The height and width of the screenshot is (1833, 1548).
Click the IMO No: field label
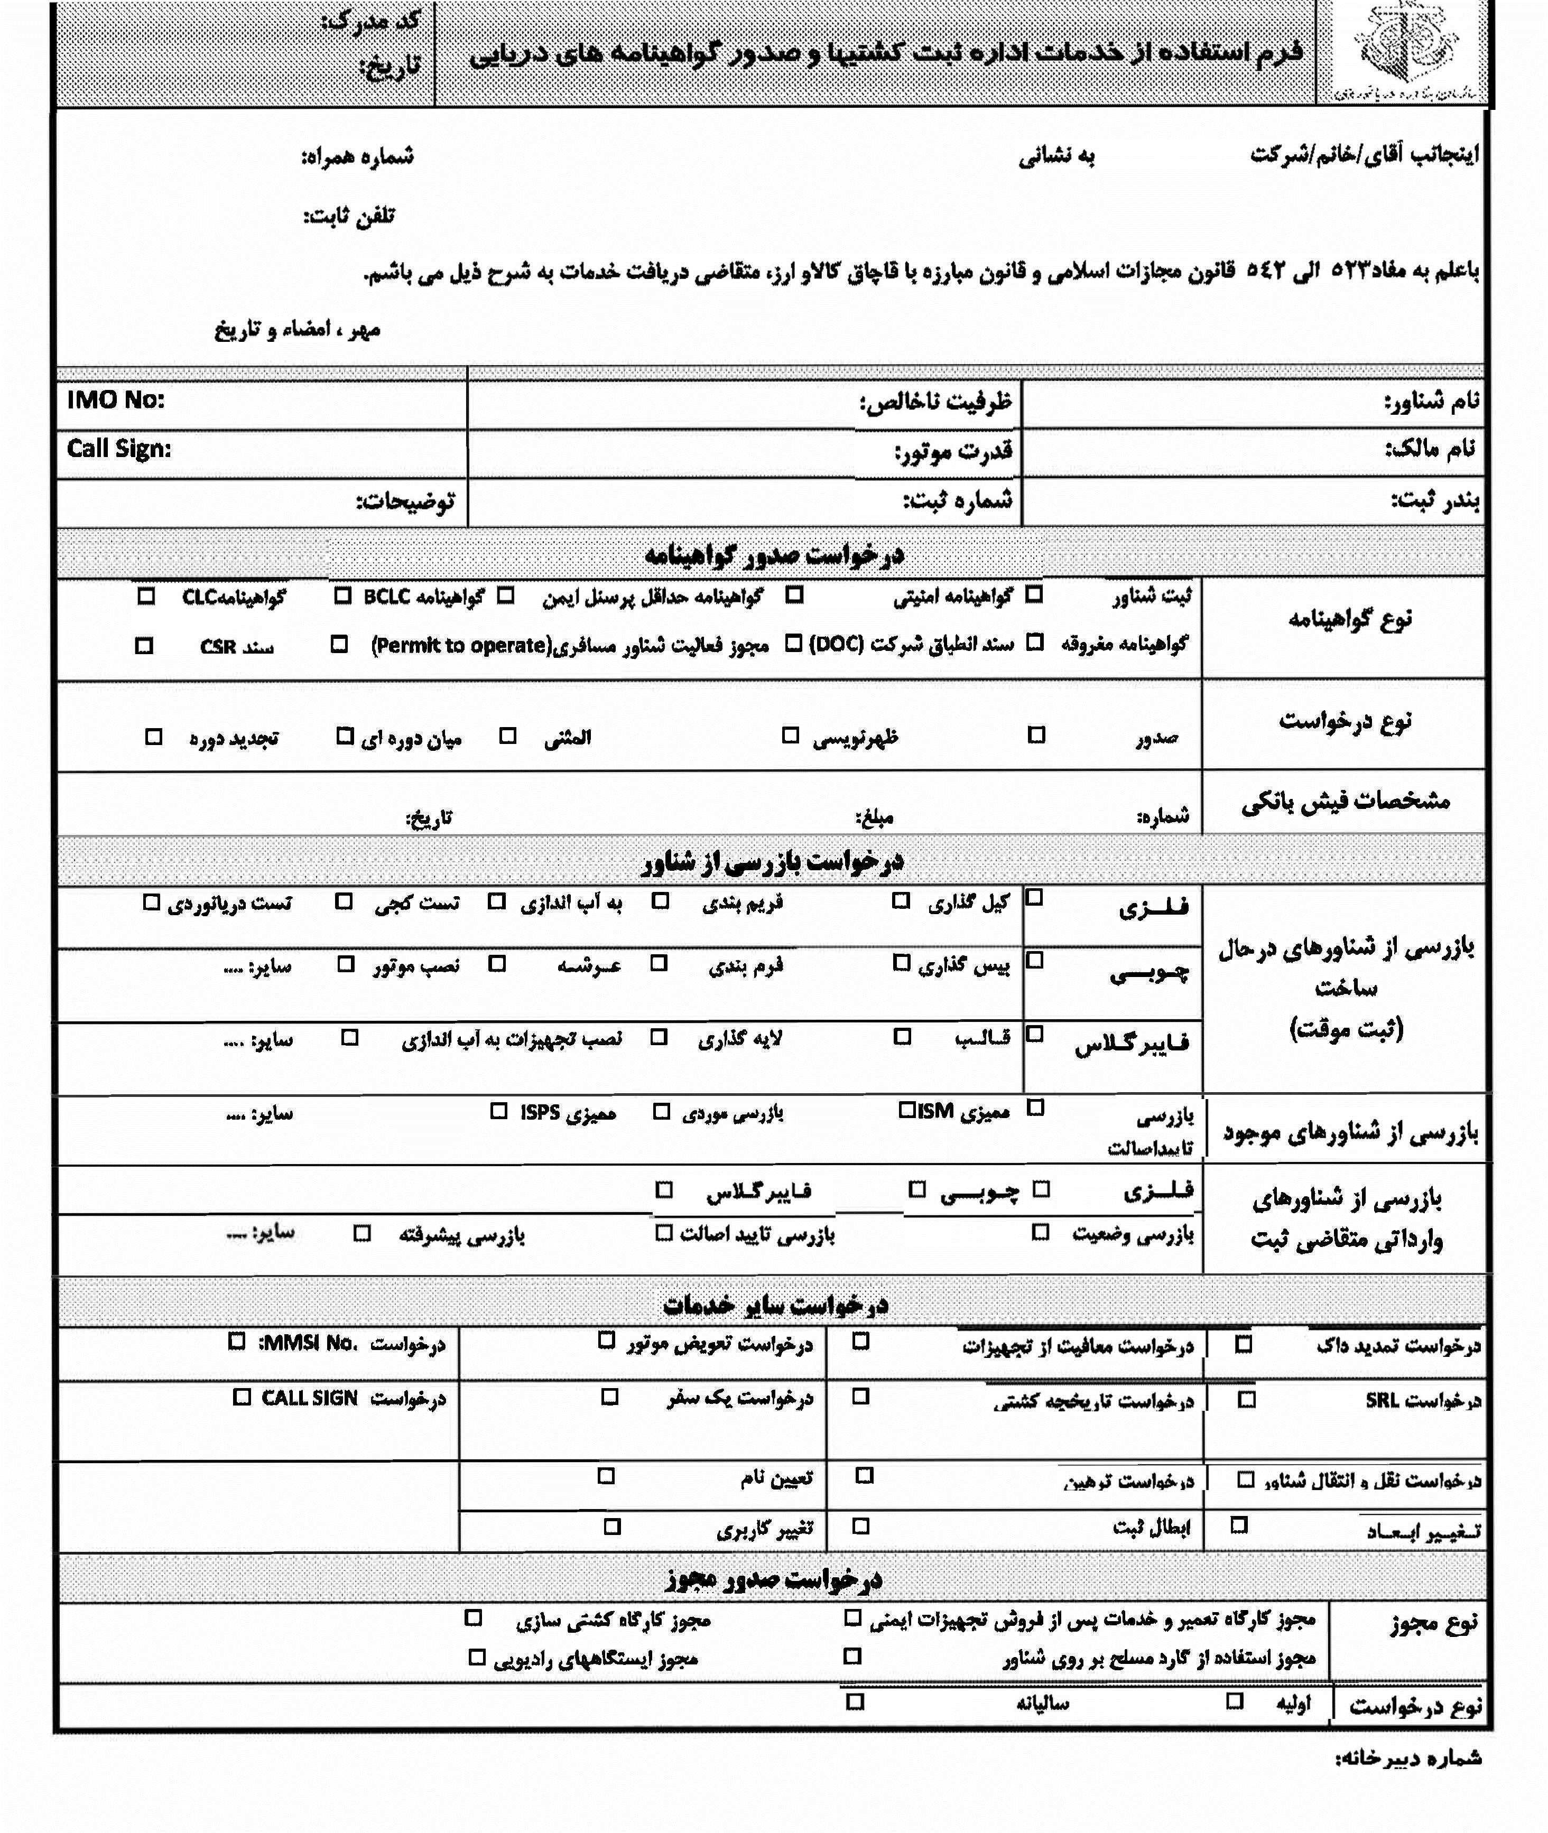pyautogui.click(x=116, y=400)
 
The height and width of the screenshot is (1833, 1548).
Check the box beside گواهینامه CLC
pyautogui.click(x=146, y=597)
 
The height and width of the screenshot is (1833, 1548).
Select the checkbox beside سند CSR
pyautogui.click(x=144, y=646)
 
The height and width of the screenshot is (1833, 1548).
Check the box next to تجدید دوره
pyautogui.click(x=154, y=736)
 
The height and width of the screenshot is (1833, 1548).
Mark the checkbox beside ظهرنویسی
pyautogui.click(x=791, y=736)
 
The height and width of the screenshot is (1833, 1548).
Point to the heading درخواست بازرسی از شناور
pyautogui.click(x=772, y=862)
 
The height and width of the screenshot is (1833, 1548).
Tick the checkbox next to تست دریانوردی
pyautogui.click(x=152, y=902)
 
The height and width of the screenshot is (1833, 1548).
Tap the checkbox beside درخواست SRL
pyautogui.click(x=1246, y=1400)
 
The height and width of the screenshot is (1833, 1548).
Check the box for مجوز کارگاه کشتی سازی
pyautogui.click(x=473, y=1617)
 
